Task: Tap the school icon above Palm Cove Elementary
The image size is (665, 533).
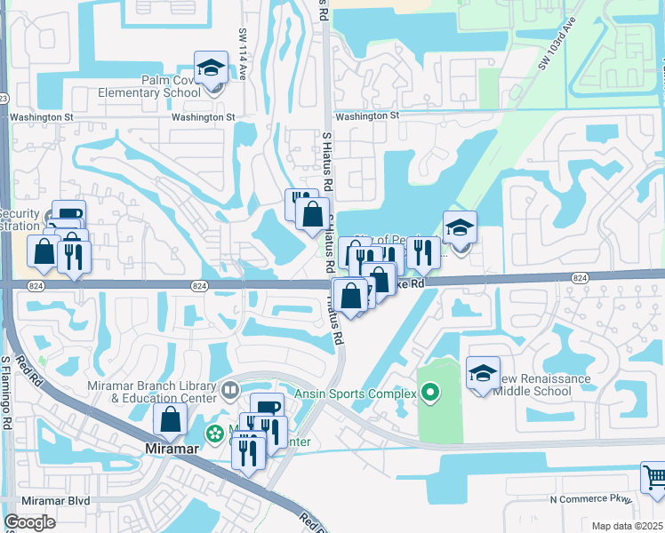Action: pyautogui.click(x=212, y=68)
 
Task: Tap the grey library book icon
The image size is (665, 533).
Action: pyautogui.click(x=231, y=389)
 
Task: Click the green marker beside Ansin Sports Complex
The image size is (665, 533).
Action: pyautogui.click(x=431, y=392)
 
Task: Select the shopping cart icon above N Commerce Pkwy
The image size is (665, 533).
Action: pyautogui.click(x=654, y=478)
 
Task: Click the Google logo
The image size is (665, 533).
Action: pyautogui.click(x=29, y=522)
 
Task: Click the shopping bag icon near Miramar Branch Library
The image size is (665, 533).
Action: pyautogui.click(x=170, y=420)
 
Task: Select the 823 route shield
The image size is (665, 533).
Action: pyautogui.click(x=3, y=98)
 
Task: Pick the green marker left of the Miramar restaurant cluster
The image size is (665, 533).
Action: pyautogui.click(x=214, y=435)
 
